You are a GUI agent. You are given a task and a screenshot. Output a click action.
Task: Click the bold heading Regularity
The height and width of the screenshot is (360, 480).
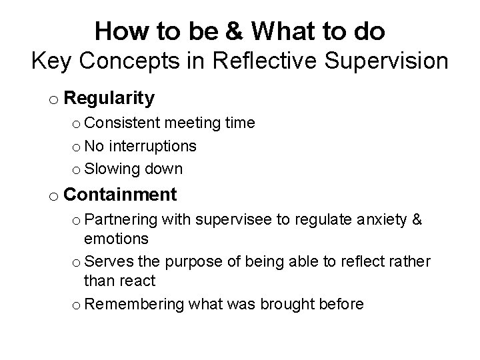pos(111,99)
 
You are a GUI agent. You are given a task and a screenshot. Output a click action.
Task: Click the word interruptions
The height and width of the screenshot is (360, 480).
pos(153,146)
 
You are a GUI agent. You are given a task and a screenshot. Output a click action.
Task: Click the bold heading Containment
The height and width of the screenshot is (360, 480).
pos(121,195)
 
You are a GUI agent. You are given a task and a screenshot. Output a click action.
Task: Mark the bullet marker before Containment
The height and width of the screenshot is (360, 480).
pos(53,197)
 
